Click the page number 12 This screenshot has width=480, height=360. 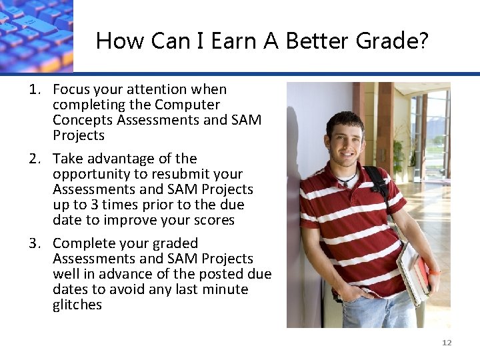[447, 343]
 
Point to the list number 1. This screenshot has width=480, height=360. [35, 89]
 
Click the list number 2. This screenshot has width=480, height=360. [35, 159]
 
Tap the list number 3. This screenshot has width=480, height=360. [35, 243]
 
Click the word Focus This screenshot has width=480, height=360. [71, 89]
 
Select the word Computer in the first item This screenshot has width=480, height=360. [187, 105]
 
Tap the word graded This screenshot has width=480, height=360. [175, 243]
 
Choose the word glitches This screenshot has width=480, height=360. [77, 305]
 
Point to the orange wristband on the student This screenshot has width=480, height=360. [435, 272]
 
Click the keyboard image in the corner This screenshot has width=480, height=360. [36, 35]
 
